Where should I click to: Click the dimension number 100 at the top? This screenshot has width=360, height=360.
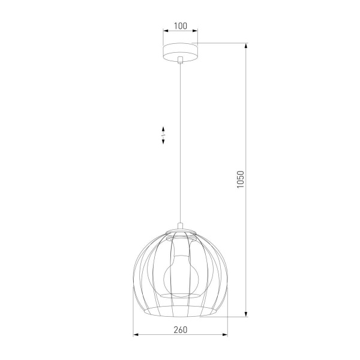click(180, 26)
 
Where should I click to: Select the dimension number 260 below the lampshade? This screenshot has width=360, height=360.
click(180, 329)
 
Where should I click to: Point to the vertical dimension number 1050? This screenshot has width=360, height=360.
click(240, 179)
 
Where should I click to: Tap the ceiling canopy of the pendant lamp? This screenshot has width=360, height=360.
click(180, 51)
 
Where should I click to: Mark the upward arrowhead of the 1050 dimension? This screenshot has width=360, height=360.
click(245, 46)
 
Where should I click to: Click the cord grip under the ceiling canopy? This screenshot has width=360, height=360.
click(180, 59)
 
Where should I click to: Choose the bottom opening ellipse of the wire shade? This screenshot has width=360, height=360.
click(180, 311)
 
